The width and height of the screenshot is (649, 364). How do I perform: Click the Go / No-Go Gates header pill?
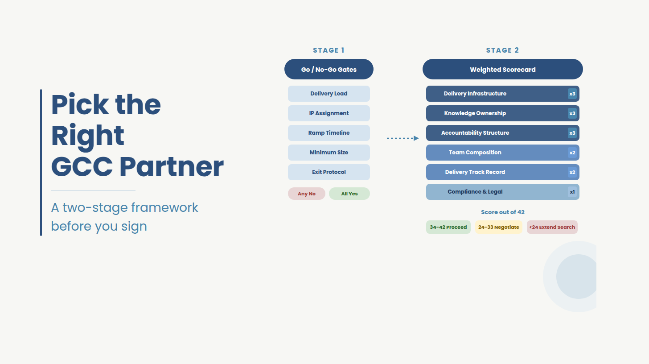pyautogui.click(x=329, y=70)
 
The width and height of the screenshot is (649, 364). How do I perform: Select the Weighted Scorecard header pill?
pyautogui.click(x=502, y=70)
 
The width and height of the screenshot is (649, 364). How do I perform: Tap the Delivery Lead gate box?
pyautogui.click(x=329, y=94)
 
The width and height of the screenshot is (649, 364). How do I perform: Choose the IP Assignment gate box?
pyautogui.click(x=329, y=113)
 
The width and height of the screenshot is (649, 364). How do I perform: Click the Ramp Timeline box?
pyautogui.click(x=329, y=133)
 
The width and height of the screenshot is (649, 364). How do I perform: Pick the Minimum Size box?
pyautogui.click(x=329, y=153)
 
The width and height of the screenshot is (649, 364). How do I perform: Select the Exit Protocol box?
pyautogui.click(x=329, y=172)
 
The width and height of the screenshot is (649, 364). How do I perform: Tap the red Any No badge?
pyautogui.click(x=307, y=194)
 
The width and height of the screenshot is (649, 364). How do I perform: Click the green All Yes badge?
pyautogui.click(x=349, y=194)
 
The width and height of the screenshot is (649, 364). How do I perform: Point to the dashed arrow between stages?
pyautogui.click(x=403, y=138)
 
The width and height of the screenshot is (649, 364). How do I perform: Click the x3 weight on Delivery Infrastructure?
pyautogui.click(x=572, y=94)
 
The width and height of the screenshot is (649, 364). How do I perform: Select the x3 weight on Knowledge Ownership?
pyautogui.click(x=572, y=113)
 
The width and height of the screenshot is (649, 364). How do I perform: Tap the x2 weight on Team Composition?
pyautogui.click(x=572, y=153)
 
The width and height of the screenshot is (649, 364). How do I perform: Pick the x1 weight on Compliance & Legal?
pyautogui.click(x=572, y=192)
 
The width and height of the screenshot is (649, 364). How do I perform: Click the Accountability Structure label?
pyautogui.click(x=475, y=133)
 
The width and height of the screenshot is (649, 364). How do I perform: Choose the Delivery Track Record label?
pyautogui.click(x=475, y=172)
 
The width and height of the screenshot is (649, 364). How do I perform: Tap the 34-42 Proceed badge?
pyautogui.click(x=448, y=227)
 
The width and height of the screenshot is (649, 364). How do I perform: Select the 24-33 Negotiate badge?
pyautogui.click(x=498, y=227)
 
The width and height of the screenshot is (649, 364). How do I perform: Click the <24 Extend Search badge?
pyautogui.click(x=552, y=227)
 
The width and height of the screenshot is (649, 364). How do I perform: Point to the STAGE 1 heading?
pyautogui.click(x=329, y=50)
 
